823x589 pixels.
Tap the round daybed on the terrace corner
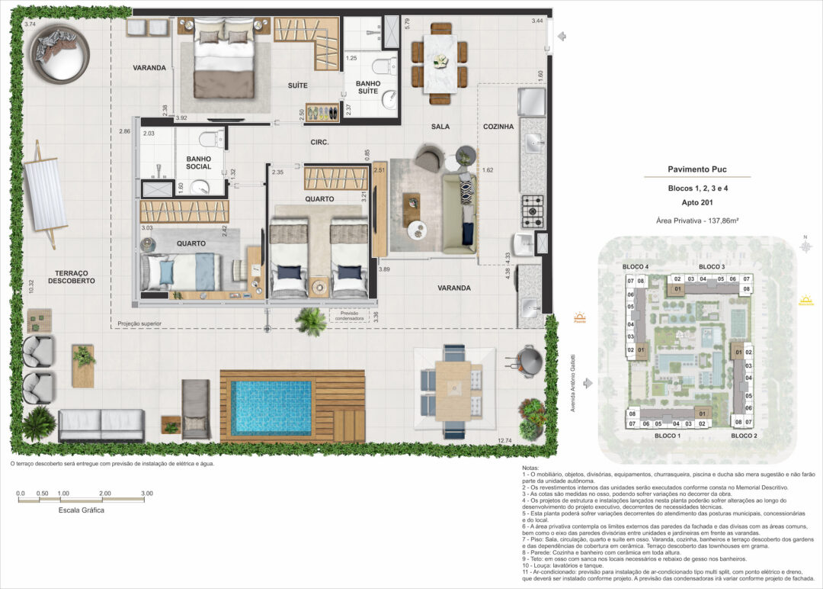click(59, 53)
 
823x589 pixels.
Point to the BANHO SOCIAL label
click(198, 163)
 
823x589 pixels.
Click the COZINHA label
click(498, 127)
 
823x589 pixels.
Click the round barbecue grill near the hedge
click(530, 359)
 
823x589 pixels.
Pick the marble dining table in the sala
click(440, 63)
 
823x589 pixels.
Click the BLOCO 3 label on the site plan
click(711, 266)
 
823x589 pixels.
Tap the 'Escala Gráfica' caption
click(81, 510)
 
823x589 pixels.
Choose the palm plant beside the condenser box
click(311, 321)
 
